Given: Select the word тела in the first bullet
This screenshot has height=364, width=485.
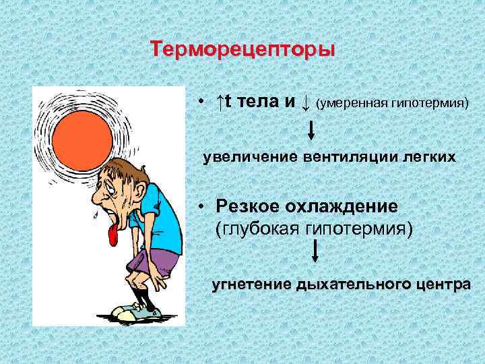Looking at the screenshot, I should click(x=256, y=102).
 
